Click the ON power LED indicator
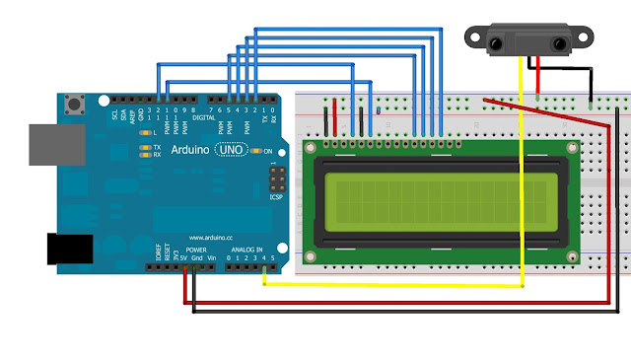255,151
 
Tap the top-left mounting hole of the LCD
314,148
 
